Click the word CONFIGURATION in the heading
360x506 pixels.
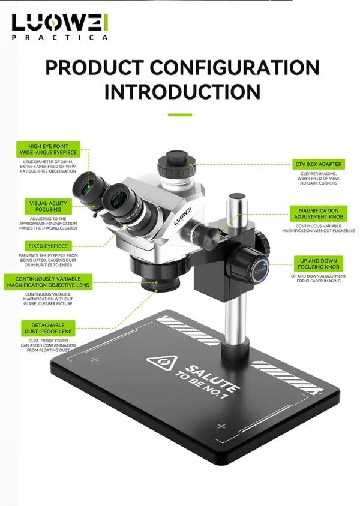pos(235,67)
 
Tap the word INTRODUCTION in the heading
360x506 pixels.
pos(182,92)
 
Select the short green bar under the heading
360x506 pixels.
pos(180,115)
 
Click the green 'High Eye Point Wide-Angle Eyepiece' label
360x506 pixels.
pos(49,149)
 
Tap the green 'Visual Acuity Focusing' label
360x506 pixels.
pos(49,206)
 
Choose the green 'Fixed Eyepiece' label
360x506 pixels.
pos(48,246)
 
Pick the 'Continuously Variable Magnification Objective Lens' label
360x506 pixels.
pos(48,282)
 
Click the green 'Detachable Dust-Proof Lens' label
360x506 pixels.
pos(48,328)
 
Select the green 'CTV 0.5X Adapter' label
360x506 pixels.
pos(319,164)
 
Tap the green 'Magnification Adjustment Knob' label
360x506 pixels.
pos(319,213)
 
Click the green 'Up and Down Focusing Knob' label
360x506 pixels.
pos(319,264)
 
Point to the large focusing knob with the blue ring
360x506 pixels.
pos(253,263)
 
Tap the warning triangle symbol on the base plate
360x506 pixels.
pos(162,363)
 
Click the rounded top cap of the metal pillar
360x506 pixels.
pos(238,197)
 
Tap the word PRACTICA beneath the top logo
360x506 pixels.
pos(60,37)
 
